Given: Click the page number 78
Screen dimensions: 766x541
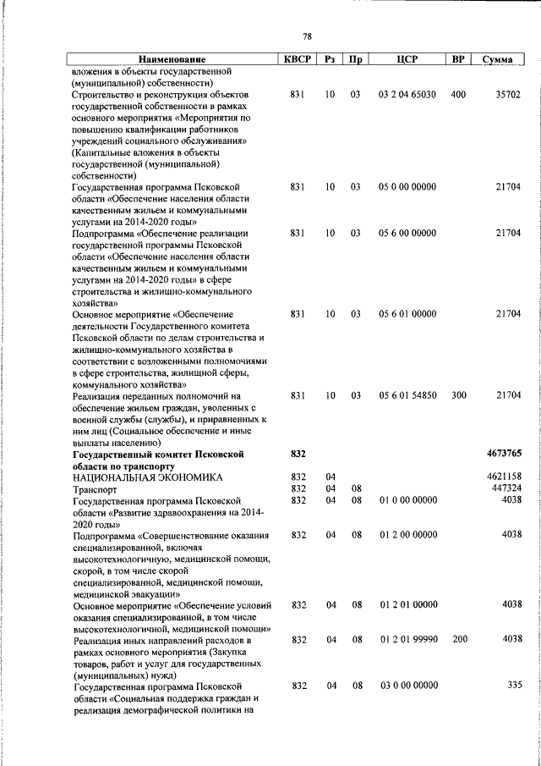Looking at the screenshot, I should pos(307,36).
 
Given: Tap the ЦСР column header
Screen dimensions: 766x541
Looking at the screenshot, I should pos(407,60).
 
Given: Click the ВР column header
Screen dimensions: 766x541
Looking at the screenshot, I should pos(458,60).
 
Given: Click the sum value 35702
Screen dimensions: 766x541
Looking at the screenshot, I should pos(507,95).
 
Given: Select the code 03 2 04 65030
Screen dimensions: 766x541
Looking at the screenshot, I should pos(407,95).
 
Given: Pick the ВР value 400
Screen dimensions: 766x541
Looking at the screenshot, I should pos(458,95).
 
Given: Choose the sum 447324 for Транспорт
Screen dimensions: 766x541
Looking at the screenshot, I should pos(506,488).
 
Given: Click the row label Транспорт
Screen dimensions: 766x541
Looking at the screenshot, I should pos(96,489).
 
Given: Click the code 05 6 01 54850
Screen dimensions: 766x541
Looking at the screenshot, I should pos(407,395).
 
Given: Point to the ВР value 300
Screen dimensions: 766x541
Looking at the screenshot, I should pos(458,395).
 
